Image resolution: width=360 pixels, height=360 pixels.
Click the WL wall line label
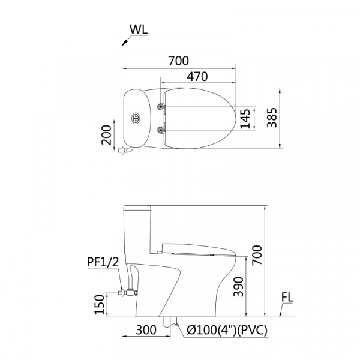[138, 29]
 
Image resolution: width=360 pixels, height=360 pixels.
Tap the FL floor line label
[287, 298]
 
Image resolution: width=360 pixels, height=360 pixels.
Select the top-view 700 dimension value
[179, 61]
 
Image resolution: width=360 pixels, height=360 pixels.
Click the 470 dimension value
[197, 76]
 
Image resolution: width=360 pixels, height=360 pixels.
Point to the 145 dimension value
[245, 118]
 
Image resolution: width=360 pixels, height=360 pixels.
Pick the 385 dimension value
[272, 118]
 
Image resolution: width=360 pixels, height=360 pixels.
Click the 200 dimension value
[106, 135]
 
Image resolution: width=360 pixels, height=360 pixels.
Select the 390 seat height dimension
[238, 287]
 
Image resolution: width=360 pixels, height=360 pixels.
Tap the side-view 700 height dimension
[257, 255]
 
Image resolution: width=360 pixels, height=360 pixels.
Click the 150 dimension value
[100, 304]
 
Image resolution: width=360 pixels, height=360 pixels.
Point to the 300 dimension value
[146, 330]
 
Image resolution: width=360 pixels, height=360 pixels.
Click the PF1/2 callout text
[103, 262]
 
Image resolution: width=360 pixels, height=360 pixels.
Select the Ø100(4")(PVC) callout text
[227, 330]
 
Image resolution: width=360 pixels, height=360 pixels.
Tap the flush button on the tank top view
[136, 118]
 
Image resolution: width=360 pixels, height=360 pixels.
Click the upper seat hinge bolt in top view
[161, 106]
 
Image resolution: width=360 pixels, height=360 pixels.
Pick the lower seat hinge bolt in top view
[161, 130]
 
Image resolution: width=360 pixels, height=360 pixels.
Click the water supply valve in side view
[129, 293]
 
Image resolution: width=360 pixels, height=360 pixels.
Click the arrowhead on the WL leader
[125, 43]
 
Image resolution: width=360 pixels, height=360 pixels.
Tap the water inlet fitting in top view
[125, 151]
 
